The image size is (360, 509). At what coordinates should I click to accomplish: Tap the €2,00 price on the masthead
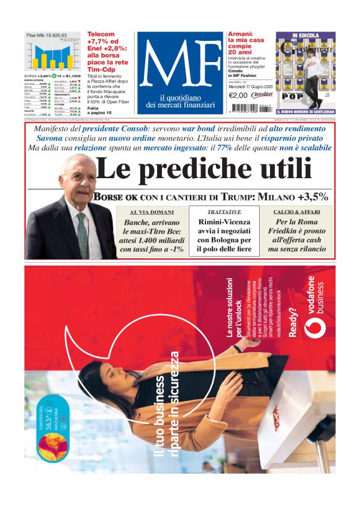239,96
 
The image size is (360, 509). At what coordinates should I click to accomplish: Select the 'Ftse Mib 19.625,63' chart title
47,35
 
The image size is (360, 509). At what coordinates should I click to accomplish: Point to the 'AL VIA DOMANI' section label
143,212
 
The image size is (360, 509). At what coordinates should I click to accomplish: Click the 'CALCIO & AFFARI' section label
296,212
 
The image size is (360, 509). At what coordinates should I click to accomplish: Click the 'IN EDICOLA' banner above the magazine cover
305,36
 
